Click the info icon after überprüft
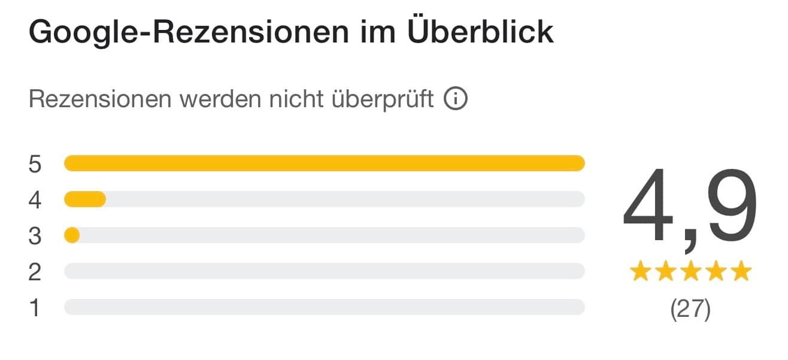(455, 99)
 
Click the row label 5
(35, 164)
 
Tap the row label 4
(35, 200)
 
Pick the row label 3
(35, 236)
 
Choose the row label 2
(35, 272)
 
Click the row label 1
(35, 308)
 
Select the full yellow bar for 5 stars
(324, 164)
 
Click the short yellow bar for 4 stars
(85, 199)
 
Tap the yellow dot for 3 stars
(72, 235)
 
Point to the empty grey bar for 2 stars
(324, 271)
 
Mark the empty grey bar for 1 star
(324, 307)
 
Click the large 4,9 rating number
(690, 207)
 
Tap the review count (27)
(690, 310)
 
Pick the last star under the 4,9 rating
(741, 272)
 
